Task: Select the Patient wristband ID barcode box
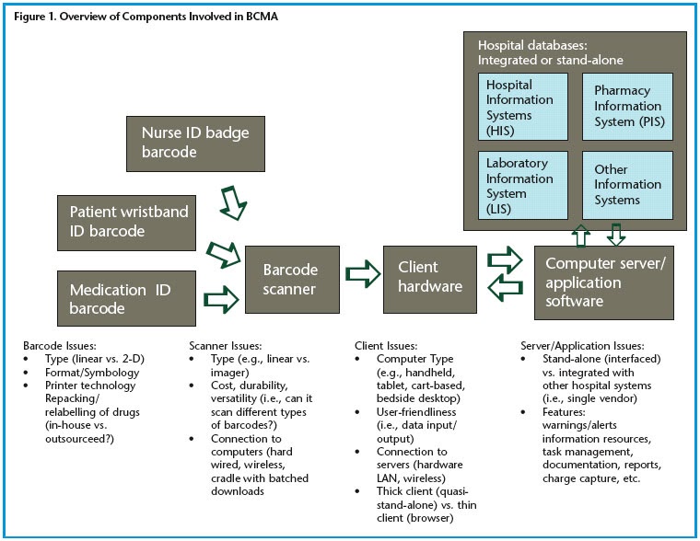129,222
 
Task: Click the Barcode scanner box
291,281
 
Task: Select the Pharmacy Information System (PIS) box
627,106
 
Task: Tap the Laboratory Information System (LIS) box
523,186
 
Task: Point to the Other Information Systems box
627,186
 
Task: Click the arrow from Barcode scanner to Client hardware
362,274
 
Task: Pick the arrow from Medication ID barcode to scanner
222,297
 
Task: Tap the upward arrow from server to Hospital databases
579,235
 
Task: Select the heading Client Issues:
387,345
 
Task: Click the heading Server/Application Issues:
583,345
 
